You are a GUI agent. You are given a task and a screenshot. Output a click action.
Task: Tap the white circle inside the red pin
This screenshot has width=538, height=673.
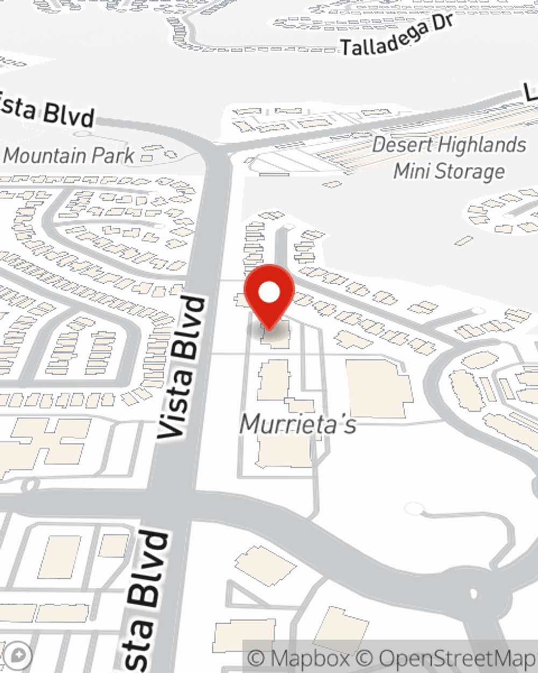tap(269, 293)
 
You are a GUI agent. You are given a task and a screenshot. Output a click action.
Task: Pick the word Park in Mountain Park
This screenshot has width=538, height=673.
tap(113, 156)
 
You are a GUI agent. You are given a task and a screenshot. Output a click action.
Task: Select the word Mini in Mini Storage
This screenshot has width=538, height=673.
tap(412, 171)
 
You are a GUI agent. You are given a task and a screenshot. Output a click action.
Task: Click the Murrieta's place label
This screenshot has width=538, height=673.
tap(298, 424)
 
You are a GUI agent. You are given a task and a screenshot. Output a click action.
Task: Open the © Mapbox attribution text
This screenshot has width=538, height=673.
tap(299, 658)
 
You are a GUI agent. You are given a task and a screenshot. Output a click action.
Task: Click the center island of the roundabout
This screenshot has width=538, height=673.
tap(473, 594)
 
